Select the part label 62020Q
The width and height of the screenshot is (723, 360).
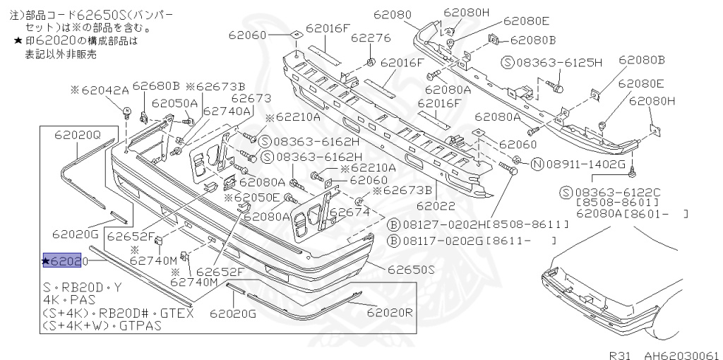[x=78, y=133]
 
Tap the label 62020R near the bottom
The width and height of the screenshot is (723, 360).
[x=390, y=311]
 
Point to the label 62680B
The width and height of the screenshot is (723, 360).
[x=156, y=86]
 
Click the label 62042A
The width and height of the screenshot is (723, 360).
[x=104, y=90]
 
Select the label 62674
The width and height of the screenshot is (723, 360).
[x=349, y=211]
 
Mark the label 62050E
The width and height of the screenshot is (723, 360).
[x=256, y=198]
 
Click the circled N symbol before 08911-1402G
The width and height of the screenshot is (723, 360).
[x=536, y=164]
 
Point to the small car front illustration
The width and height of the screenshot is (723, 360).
[x=607, y=296]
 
